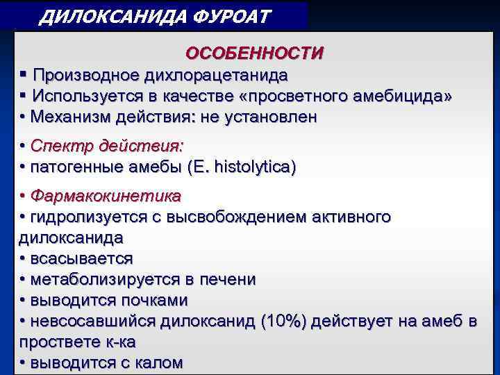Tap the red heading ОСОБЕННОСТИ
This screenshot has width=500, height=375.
tap(254, 53)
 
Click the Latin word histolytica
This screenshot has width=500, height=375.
tap(255, 168)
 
